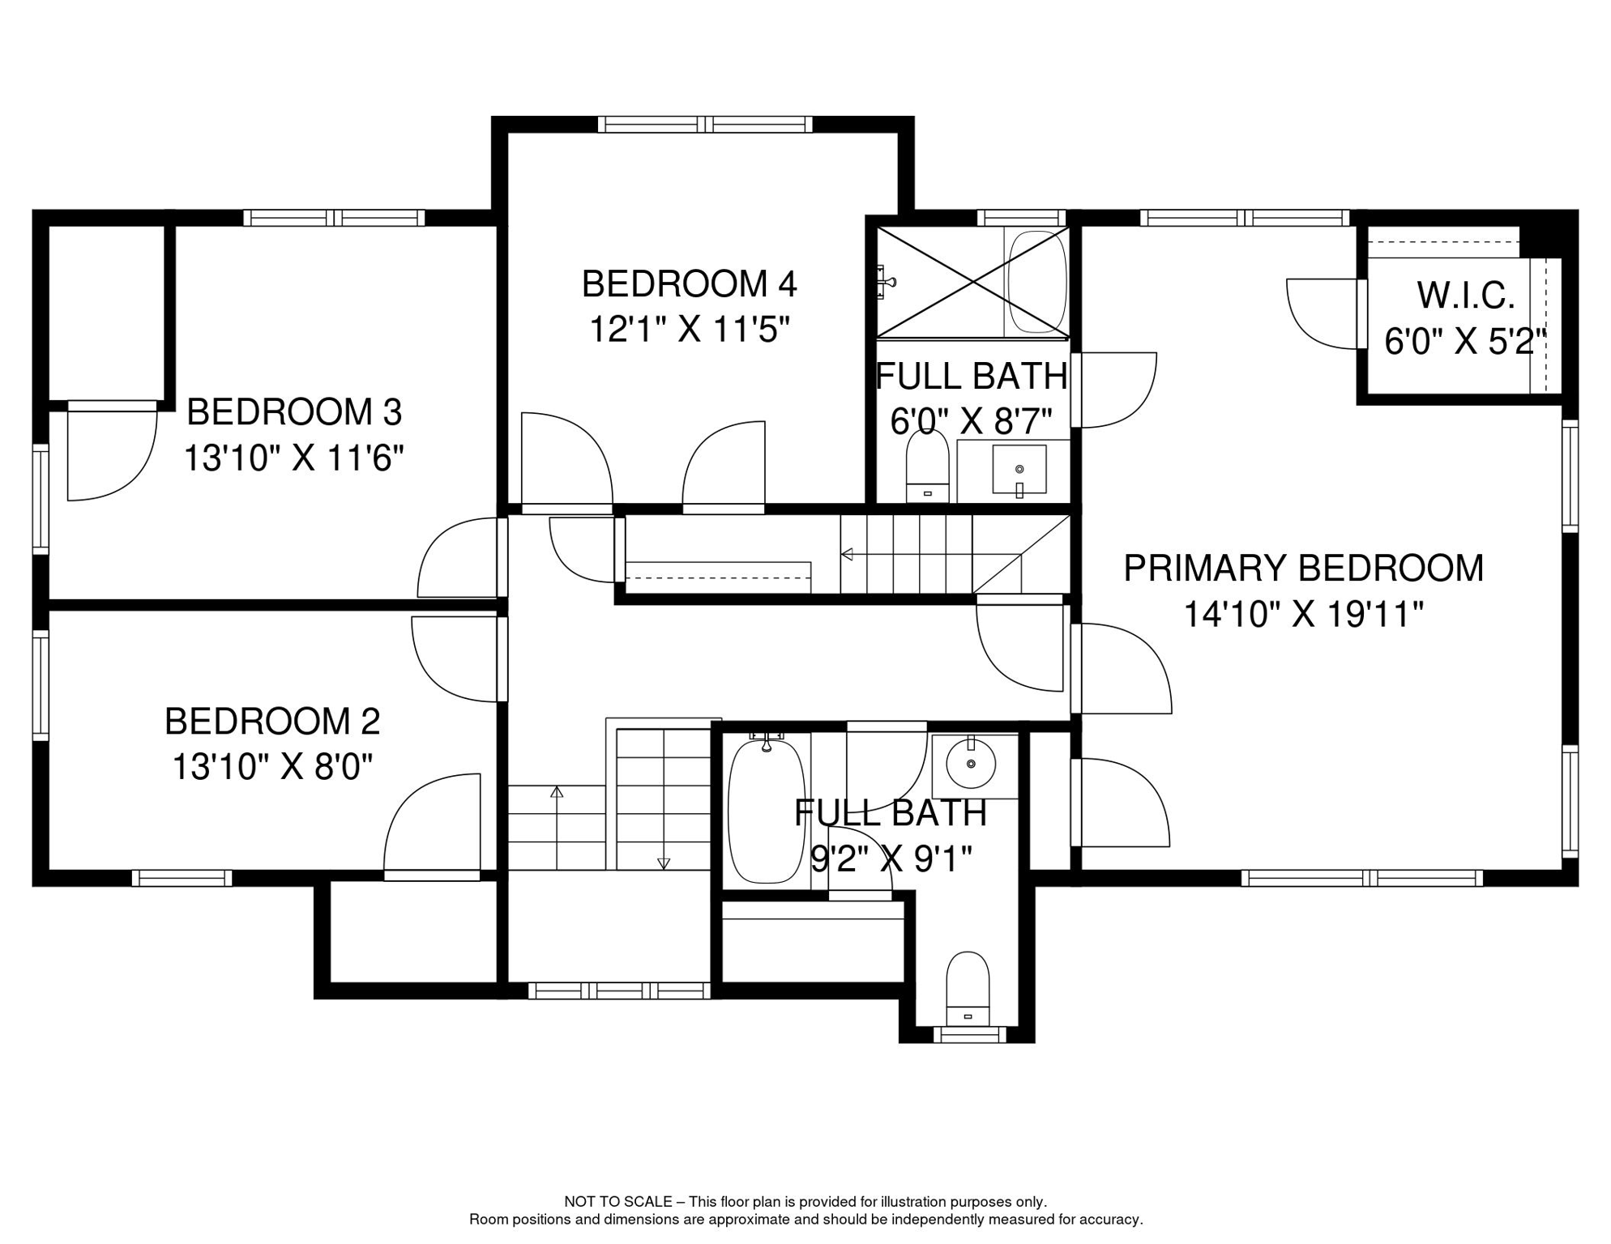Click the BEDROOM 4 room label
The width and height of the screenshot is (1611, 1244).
689,284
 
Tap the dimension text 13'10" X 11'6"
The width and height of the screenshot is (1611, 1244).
293,458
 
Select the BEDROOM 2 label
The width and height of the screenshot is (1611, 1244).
272,721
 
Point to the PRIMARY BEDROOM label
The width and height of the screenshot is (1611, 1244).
1303,568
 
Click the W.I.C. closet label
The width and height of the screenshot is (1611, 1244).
1465,296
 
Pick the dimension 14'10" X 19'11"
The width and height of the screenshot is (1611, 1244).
1303,614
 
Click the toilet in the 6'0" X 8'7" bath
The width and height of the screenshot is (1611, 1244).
927,466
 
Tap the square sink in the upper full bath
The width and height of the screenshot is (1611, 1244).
1019,470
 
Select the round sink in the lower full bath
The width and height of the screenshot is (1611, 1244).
971,763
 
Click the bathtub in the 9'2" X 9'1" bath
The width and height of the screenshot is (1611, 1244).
767,810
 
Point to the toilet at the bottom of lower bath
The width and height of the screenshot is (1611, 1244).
968,990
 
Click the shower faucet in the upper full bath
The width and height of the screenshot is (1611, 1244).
886,283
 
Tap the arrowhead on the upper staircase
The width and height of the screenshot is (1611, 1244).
847,555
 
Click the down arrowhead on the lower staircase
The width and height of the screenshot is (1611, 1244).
664,863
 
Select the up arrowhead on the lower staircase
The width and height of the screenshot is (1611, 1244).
556,791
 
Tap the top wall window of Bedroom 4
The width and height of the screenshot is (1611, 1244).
705,125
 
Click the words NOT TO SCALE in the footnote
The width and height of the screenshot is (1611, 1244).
618,1202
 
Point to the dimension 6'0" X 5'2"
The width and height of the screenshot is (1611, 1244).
1465,342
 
